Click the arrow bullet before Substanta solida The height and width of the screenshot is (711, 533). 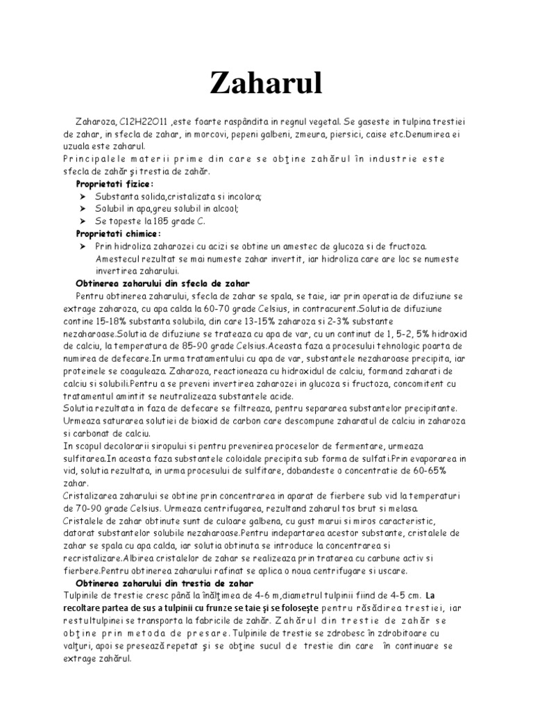(81, 197)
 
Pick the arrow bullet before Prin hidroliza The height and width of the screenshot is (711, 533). (81, 247)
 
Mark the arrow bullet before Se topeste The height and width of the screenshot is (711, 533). (81, 222)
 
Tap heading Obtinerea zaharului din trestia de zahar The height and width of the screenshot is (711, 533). (165, 583)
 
